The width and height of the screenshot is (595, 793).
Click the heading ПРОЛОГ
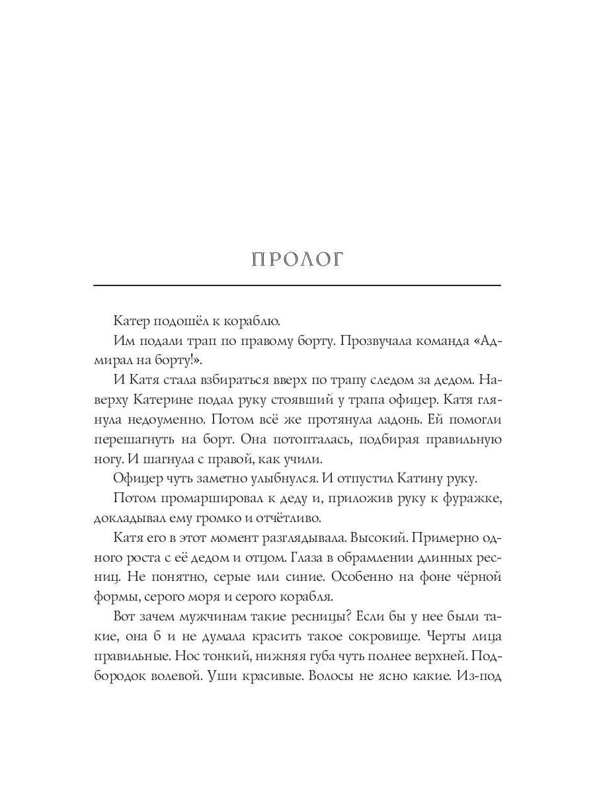tap(297, 260)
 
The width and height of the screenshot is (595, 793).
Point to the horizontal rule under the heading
tap(297, 285)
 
